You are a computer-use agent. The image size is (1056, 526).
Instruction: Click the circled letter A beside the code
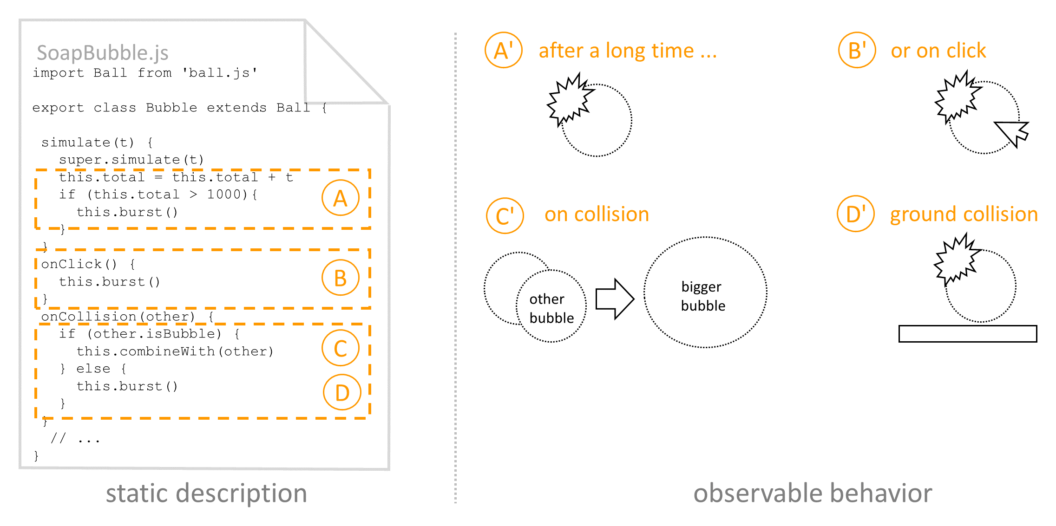tap(340, 198)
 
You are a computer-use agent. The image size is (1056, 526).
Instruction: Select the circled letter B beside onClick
tap(340, 278)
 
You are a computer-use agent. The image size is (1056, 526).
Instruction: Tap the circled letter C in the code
tap(340, 348)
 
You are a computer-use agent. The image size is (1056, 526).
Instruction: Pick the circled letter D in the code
tap(342, 392)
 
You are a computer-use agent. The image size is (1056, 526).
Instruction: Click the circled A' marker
tap(503, 50)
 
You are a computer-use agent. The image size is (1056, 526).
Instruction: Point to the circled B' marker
tap(857, 50)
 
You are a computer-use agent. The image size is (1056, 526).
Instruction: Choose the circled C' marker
tap(505, 216)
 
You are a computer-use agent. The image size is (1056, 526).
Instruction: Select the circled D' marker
tap(855, 214)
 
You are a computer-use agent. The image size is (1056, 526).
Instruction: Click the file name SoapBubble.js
tap(102, 53)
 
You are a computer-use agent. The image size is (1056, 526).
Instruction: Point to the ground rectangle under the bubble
tap(967, 334)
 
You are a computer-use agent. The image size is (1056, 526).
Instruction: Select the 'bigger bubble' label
tap(703, 296)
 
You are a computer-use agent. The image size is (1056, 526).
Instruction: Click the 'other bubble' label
tap(551, 308)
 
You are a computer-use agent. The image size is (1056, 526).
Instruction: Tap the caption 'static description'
tap(206, 493)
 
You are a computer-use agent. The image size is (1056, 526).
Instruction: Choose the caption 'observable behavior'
tap(813, 493)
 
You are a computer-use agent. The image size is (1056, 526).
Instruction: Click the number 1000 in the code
tap(224, 195)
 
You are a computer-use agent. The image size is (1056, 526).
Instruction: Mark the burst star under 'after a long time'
tap(570, 100)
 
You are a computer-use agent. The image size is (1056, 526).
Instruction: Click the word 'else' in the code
tap(93, 369)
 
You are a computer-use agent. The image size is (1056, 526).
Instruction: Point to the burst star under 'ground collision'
tap(956, 260)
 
